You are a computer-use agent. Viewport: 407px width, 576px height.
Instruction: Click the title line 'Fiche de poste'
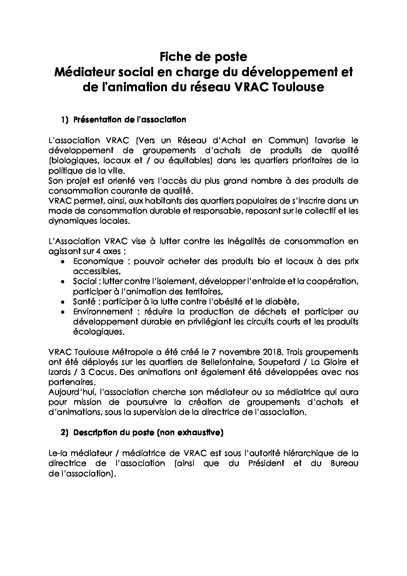point(203,57)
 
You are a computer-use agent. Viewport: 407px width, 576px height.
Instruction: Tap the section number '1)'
point(64,120)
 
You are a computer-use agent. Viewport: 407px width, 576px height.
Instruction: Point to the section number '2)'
point(64,432)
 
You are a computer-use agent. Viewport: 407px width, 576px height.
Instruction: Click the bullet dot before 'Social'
point(63,282)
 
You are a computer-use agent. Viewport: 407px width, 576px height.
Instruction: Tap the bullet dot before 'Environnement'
point(63,311)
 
